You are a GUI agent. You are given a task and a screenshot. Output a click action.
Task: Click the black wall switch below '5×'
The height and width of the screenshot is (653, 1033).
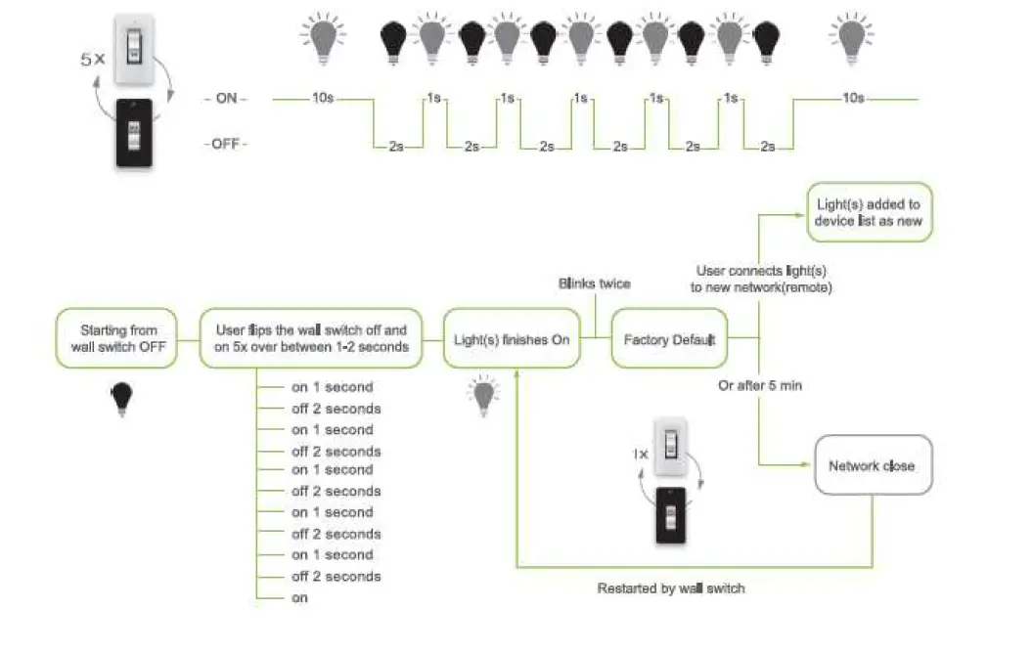coord(134,132)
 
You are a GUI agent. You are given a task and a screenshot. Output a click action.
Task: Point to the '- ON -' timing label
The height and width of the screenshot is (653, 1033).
coord(225,99)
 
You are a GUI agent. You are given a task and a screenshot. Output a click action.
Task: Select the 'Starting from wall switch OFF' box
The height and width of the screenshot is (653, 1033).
coord(118,339)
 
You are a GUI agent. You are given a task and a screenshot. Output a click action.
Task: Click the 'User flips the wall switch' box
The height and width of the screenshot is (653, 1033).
coord(310,339)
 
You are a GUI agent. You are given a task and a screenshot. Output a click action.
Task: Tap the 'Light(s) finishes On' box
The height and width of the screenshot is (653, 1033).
coord(511,339)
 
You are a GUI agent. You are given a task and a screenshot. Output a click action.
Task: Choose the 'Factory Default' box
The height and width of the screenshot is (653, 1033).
coord(670,339)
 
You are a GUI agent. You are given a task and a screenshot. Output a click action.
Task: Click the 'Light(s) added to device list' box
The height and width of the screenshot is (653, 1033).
coord(869,213)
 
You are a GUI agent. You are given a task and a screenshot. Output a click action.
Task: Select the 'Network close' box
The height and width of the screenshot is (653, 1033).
coord(872,465)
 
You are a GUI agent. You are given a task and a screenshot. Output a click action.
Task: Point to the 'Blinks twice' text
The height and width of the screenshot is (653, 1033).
coord(595,283)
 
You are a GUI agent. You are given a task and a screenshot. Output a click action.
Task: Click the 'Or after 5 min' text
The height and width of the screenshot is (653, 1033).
coord(760,385)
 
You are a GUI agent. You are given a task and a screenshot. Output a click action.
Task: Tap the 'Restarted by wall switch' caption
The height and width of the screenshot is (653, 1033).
coord(670,588)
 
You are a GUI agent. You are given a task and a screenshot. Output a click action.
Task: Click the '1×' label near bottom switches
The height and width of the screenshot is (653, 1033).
coord(640,455)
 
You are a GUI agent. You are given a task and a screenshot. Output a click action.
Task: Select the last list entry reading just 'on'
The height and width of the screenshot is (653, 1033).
coord(299,596)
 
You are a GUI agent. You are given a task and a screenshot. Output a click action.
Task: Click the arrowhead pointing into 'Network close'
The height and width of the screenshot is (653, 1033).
coord(808,465)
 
